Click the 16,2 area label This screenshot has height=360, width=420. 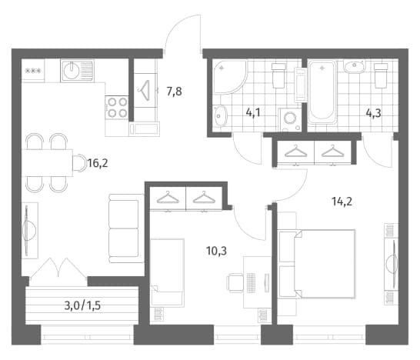[x=98, y=163]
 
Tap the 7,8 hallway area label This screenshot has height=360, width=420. [x=174, y=92]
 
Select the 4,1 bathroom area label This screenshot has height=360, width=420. [x=253, y=113]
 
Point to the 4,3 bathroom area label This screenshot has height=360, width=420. [x=373, y=113]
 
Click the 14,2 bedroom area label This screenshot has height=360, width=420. [x=342, y=202]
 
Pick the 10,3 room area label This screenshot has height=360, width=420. [x=216, y=251]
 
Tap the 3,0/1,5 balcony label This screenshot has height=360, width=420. [x=82, y=305]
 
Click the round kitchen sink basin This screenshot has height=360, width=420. [x=72, y=71]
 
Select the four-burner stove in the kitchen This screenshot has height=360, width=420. [x=117, y=108]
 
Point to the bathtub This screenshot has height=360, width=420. [x=322, y=92]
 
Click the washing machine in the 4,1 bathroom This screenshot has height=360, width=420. [x=289, y=119]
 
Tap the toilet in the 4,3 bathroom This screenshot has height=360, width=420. [x=381, y=75]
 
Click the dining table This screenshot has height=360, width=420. [x=47, y=162]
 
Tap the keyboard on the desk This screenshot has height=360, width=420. [x=251, y=283]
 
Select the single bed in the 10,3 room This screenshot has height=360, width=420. [x=168, y=272]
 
